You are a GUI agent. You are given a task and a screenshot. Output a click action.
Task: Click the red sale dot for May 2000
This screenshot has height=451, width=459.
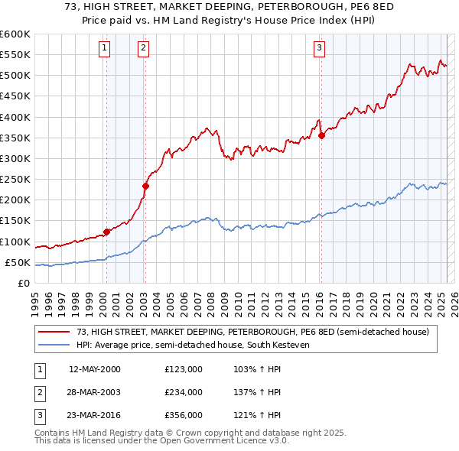pyautogui.click(x=107, y=232)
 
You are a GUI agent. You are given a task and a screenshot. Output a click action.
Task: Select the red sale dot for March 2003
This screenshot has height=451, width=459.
pyautogui.click(x=145, y=186)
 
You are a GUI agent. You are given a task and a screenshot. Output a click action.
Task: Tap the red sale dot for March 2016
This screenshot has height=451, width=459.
pyautogui.click(x=321, y=135)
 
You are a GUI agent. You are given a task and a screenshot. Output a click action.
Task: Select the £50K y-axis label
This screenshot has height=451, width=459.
pyautogui.click(x=17, y=263)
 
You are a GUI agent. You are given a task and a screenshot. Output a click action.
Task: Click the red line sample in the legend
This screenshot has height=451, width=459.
pyautogui.click(x=54, y=332)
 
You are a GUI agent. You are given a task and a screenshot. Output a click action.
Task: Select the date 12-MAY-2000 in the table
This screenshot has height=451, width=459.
pyautogui.click(x=95, y=369)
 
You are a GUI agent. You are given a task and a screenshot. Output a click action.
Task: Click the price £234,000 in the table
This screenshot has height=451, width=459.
pyautogui.click(x=183, y=392)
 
